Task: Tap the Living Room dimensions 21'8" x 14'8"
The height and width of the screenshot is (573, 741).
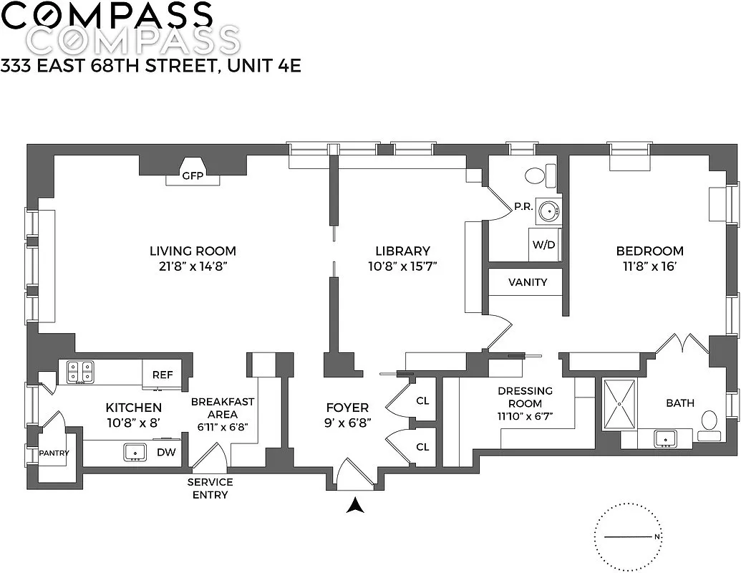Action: [x=193, y=266]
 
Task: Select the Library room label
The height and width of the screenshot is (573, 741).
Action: [x=402, y=251]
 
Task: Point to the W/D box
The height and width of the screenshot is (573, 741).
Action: [x=543, y=244]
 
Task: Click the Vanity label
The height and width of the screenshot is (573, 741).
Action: [x=528, y=282]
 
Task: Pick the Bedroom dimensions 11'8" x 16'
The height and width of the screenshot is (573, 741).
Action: [x=649, y=266]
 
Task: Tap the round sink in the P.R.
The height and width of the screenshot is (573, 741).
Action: [x=548, y=211]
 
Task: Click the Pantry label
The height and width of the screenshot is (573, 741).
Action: [x=53, y=453]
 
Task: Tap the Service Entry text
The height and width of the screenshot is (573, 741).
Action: [x=210, y=488]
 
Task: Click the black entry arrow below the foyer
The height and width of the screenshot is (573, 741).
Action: [x=354, y=506]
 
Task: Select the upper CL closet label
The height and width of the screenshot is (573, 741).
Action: [x=422, y=400]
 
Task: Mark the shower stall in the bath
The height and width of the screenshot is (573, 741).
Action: [x=619, y=405]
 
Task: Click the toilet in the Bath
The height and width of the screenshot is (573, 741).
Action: [x=710, y=422]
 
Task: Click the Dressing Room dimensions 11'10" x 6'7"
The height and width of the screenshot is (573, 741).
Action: [x=526, y=415]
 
